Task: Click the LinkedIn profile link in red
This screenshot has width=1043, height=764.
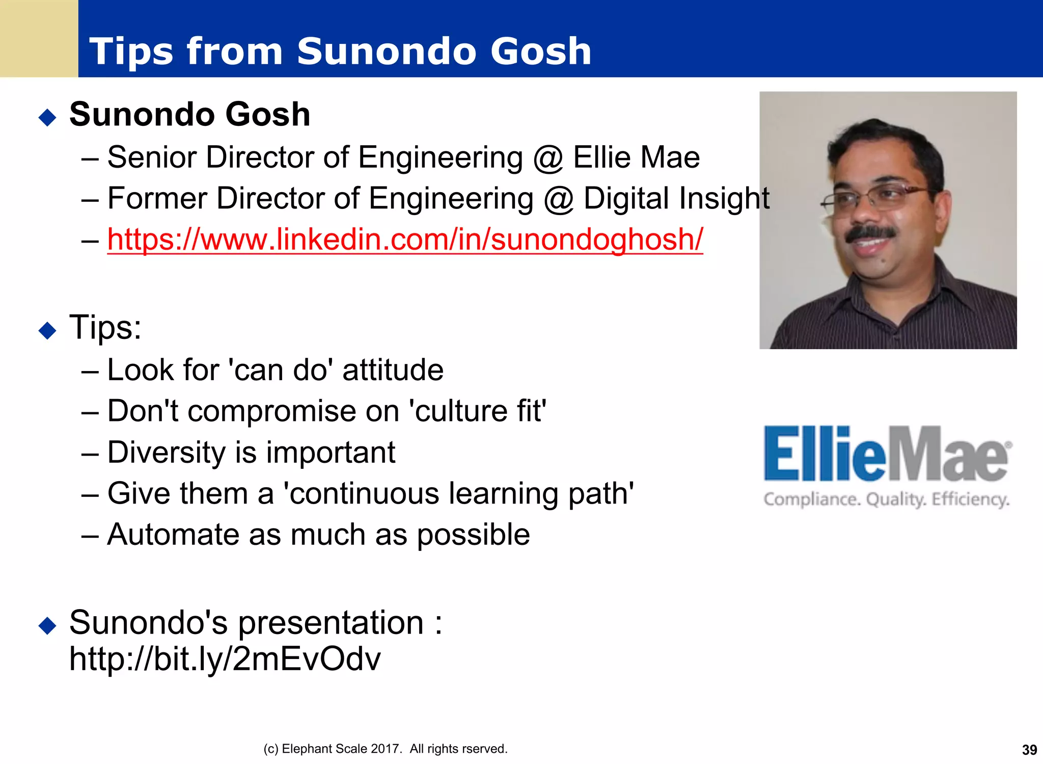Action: pos(405,239)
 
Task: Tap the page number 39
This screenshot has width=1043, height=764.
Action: pos(1029,750)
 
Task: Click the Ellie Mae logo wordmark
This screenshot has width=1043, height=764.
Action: pos(886,454)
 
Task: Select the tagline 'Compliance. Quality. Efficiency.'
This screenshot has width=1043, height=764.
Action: pos(886,499)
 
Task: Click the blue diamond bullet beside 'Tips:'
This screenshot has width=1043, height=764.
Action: pos(47,330)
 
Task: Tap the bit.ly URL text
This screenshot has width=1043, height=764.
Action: pos(225,658)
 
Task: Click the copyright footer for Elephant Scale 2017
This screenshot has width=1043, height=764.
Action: pos(385,749)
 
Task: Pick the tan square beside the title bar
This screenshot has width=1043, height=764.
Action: pos(39,38)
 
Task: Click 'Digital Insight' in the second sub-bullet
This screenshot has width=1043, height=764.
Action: pos(676,198)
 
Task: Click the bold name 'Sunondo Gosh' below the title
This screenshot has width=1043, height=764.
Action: pos(189,114)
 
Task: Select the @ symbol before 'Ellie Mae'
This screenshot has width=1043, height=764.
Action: pos(548,157)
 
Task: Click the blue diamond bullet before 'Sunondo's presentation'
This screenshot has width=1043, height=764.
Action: pos(47,625)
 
